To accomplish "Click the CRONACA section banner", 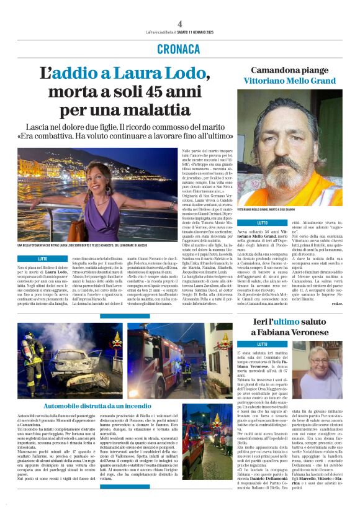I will (x=179, y=49).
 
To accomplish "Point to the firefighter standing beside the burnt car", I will (x=37, y=359).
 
